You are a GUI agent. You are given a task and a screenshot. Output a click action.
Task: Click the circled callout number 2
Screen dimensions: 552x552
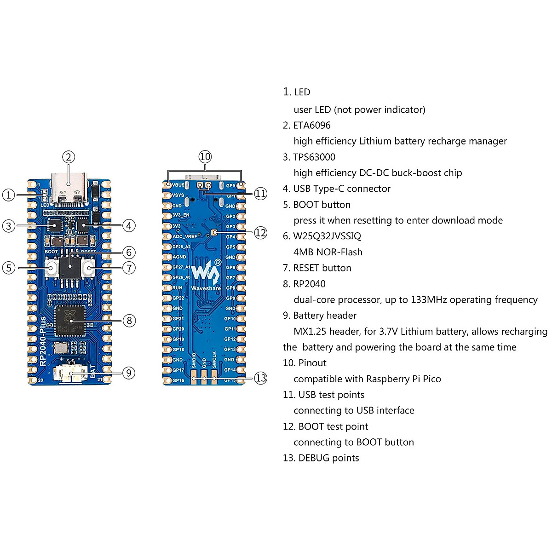69,157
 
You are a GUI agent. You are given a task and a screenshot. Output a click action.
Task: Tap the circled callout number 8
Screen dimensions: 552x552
129,321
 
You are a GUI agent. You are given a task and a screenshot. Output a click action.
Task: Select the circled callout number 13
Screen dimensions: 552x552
260,378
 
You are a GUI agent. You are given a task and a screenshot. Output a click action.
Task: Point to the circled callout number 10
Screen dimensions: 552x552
205,157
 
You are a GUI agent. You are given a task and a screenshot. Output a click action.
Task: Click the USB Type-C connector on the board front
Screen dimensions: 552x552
69,188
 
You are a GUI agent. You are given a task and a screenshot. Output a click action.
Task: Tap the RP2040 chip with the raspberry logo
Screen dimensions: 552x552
70,321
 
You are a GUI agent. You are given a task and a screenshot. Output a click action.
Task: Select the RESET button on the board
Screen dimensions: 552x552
88,268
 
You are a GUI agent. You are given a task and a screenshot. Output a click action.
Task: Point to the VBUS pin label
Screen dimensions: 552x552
178,185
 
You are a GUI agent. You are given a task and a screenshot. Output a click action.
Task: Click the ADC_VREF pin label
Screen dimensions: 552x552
184,236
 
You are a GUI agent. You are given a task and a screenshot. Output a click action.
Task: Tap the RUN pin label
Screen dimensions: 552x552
177,288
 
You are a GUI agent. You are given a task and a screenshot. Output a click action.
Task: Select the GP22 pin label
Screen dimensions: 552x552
178,298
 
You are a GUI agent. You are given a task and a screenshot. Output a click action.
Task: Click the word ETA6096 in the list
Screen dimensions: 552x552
312,125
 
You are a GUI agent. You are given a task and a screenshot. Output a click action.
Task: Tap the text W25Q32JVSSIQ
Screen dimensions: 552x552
327,236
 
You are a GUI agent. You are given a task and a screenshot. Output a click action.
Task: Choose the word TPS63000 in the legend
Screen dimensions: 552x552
314,157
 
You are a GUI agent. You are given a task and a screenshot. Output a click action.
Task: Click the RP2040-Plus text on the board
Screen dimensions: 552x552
43,340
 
